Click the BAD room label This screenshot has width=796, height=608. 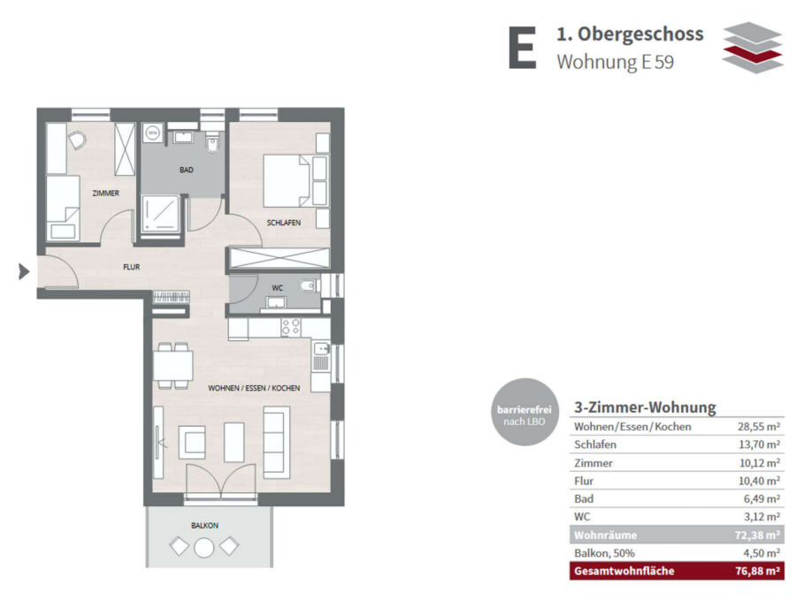tap(187, 170)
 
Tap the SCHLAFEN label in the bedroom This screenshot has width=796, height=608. tap(284, 223)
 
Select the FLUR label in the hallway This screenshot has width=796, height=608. tap(132, 267)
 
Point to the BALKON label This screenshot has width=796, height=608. tap(204, 525)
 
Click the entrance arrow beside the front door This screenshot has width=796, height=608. tap(24, 271)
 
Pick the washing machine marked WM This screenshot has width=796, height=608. tap(153, 133)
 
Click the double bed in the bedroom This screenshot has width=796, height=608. tap(287, 181)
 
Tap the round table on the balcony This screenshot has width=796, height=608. tap(204, 547)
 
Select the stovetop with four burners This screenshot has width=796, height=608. tap(291, 327)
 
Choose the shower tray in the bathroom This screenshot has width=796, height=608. tap(160, 214)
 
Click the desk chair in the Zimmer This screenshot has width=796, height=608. tap(76, 140)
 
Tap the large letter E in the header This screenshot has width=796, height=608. tap(523, 48)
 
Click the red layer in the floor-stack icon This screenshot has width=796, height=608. tap(753, 53)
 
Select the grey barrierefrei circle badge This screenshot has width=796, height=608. tap(524, 412)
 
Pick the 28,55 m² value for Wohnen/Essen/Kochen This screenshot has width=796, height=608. tap(759, 427)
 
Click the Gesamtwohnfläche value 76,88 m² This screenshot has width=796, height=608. tap(757, 571)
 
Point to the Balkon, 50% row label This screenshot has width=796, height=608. tap(604, 553)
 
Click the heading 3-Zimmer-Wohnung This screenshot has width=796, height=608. tap(645, 407)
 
